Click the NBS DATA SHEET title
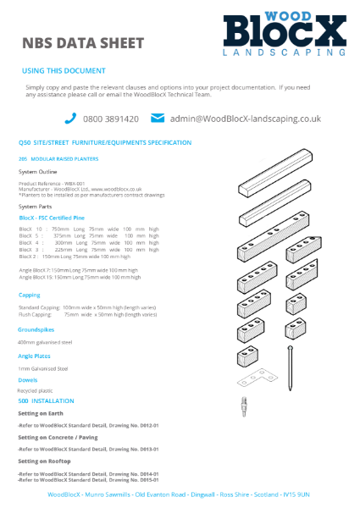tap(82, 43)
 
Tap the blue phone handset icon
tap(70, 119)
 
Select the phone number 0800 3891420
tap(111, 119)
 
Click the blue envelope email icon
tap(157, 119)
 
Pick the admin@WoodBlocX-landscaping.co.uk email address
tap(245, 119)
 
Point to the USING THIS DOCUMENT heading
tap(64, 71)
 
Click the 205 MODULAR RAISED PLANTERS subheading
tap(58, 158)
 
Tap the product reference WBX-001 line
tap(52, 183)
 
